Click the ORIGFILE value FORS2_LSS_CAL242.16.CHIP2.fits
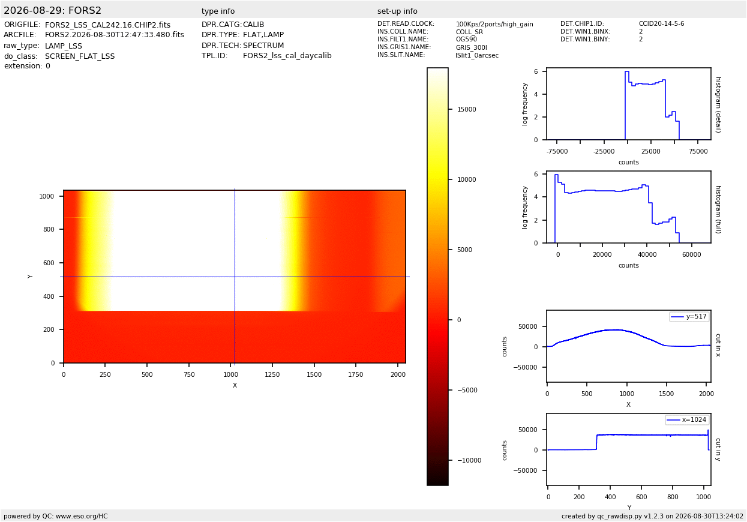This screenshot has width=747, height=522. (x=108, y=25)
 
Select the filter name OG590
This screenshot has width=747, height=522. (x=466, y=40)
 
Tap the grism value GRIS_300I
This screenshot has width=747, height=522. (x=472, y=47)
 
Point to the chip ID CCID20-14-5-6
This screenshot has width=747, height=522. (x=661, y=23)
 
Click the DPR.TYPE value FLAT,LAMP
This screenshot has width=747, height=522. (x=263, y=35)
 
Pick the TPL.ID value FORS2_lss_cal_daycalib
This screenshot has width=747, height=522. (x=287, y=56)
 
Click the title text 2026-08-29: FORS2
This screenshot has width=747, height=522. (x=52, y=10)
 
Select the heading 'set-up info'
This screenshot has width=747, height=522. (x=397, y=11)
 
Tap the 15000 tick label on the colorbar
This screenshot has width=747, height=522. (x=467, y=109)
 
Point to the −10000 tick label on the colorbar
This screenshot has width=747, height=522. (x=469, y=460)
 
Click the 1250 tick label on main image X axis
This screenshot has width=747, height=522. (x=272, y=374)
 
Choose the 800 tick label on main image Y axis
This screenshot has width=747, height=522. (x=49, y=229)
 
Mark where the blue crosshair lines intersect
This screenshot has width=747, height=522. (x=235, y=277)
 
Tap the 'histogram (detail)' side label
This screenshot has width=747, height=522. (x=719, y=105)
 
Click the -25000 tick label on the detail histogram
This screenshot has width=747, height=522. (x=604, y=151)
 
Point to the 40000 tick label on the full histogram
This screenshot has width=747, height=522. (x=647, y=254)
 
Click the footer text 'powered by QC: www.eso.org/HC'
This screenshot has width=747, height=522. (x=56, y=516)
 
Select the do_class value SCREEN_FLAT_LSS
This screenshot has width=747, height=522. (x=80, y=56)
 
